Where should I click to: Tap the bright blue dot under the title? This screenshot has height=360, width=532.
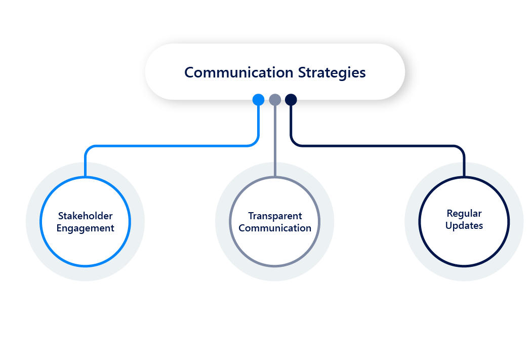coord(258,100)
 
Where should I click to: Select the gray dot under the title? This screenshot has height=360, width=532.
coord(275,100)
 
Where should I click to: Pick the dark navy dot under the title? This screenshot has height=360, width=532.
coord(291,100)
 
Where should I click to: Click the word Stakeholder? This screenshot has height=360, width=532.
coord(85,216)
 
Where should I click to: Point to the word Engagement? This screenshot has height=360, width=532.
coord(85,228)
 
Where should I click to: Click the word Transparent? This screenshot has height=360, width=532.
coord(275,216)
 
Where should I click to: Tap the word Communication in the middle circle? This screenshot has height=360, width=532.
coord(275,228)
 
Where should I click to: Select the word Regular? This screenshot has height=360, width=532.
coord(464,214)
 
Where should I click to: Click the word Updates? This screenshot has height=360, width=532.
coord(464,226)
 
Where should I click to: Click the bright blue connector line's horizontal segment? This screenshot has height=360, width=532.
coord(172,146)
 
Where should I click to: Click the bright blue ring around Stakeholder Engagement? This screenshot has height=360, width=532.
coord(41,222)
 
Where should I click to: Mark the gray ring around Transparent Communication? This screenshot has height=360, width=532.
coord(230,222)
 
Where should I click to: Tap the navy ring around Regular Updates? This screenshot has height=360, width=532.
coord(420,222)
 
